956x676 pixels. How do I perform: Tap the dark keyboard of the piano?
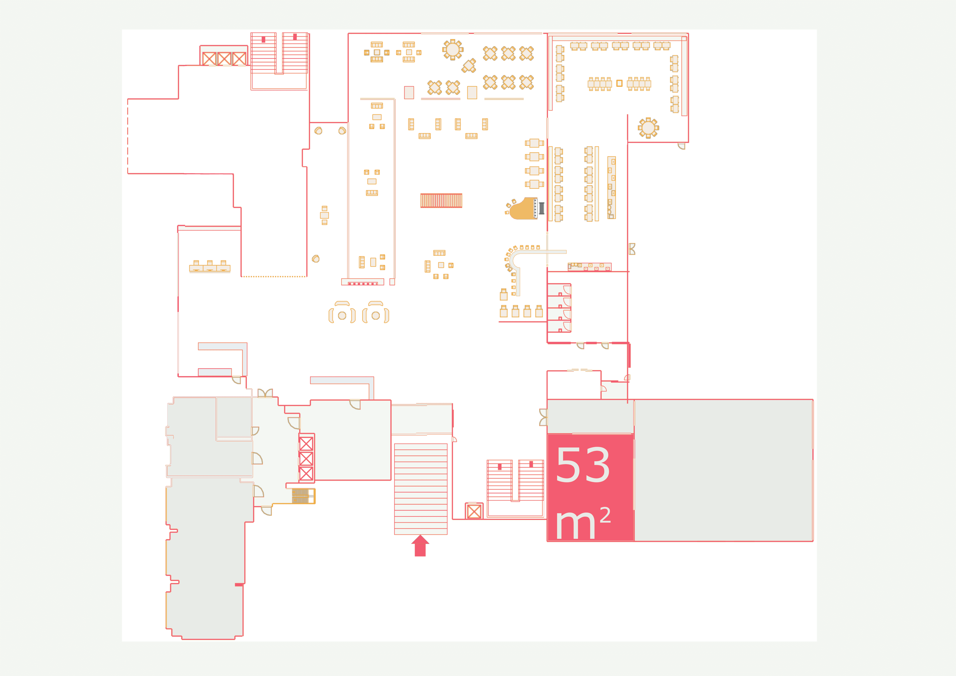pos(541,208)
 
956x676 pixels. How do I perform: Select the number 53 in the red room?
pos(583,465)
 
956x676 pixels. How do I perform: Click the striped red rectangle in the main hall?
pos(441,201)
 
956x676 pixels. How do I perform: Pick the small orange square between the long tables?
pos(619,83)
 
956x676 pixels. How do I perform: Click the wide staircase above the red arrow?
pos(420,489)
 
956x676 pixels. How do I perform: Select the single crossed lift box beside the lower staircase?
pos(474,511)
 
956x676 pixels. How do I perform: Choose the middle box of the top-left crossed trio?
pos(224,59)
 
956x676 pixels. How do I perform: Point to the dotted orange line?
pos(274,276)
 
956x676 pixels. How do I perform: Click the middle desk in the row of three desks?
pos(210,266)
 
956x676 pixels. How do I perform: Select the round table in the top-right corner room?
pos(648,128)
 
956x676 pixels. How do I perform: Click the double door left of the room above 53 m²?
pos(543,417)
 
